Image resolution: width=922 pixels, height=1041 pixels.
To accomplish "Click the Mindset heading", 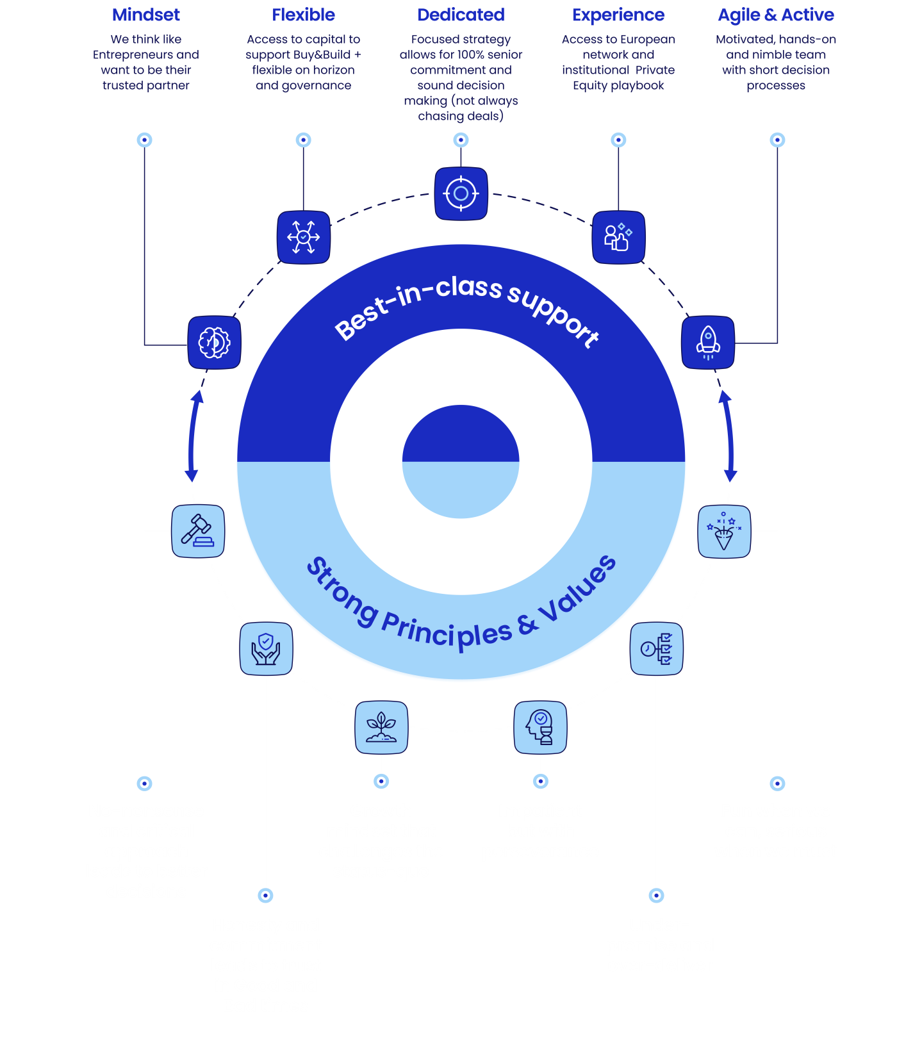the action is point(146,15).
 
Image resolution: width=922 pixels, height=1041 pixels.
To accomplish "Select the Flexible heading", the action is point(303,15).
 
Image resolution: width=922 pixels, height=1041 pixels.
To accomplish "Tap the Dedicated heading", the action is point(461,15).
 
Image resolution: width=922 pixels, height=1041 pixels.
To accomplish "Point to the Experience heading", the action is point(618,15).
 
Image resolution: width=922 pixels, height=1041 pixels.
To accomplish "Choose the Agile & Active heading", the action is point(776,15).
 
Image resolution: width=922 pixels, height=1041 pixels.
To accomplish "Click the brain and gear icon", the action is point(214,343).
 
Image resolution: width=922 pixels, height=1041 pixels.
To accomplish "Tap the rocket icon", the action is point(708,343).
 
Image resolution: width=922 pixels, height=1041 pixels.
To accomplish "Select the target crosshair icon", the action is point(461,193).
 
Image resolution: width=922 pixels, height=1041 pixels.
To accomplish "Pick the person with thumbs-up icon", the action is point(618,238).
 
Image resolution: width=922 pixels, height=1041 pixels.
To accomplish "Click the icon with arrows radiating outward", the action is point(304,238).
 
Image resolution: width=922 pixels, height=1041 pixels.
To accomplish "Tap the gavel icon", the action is point(198,531).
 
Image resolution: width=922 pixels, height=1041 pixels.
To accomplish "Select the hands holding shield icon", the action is point(266,648).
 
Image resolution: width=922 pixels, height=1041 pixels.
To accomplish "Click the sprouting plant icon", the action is point(381,727).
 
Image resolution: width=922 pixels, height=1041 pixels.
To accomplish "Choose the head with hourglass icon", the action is point(540,727).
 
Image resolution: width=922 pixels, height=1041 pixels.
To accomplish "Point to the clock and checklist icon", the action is point(657,648).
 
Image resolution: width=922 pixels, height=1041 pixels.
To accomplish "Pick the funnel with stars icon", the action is point(724,531).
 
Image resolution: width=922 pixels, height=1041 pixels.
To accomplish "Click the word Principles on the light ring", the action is point(447,630).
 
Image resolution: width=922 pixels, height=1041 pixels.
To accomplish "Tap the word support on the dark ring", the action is point(554,315).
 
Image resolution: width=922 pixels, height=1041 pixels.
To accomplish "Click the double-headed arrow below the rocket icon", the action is point(729,436).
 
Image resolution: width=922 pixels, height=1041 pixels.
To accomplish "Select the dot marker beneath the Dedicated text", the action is point(461,140).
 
